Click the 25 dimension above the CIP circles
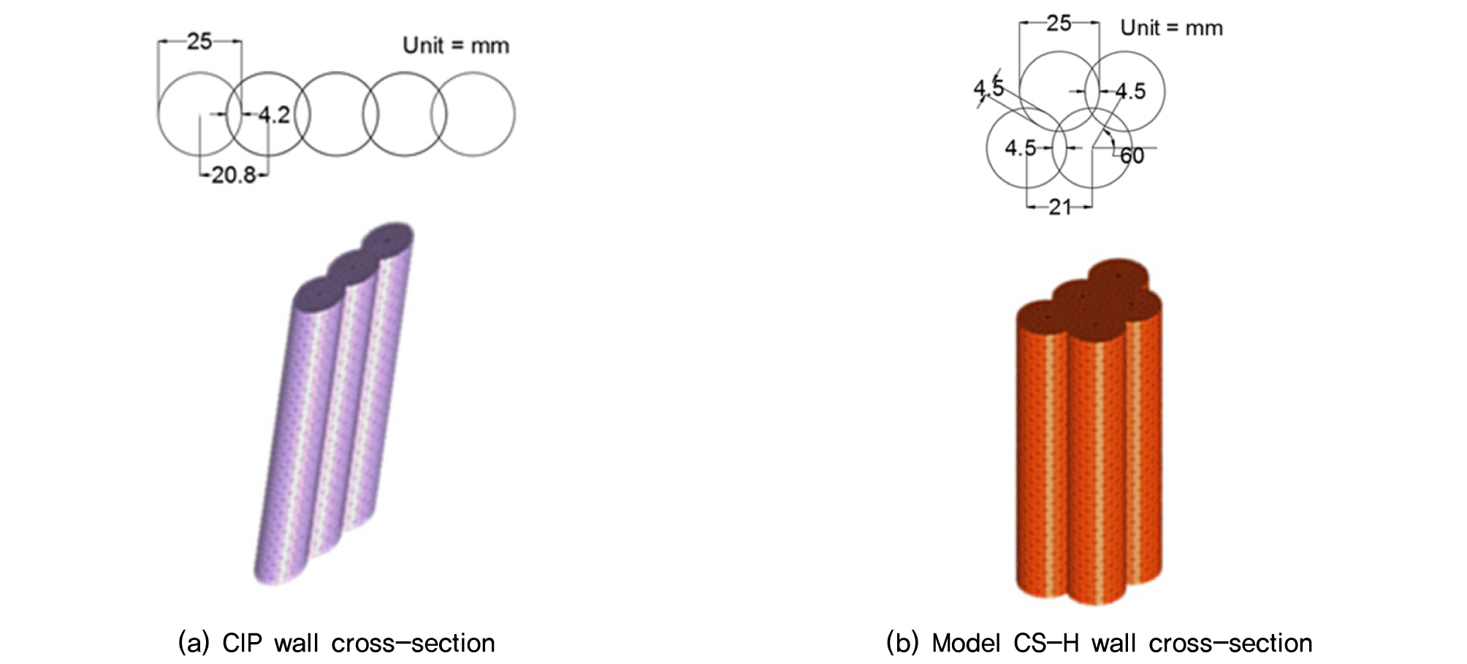[199, 42]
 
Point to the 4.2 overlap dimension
[274, 115]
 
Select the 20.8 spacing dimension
[233, 175]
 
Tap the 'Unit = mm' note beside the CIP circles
[456, 45]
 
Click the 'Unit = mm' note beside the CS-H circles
[1171, 28]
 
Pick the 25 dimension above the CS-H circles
[1059, 23]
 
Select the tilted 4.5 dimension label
[988, 88]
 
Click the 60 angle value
[1132, 156]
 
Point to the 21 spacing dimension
[1059, 207]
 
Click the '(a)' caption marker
[194, 644]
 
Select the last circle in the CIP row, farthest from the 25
[473, 114]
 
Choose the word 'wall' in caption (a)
[296, 644]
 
